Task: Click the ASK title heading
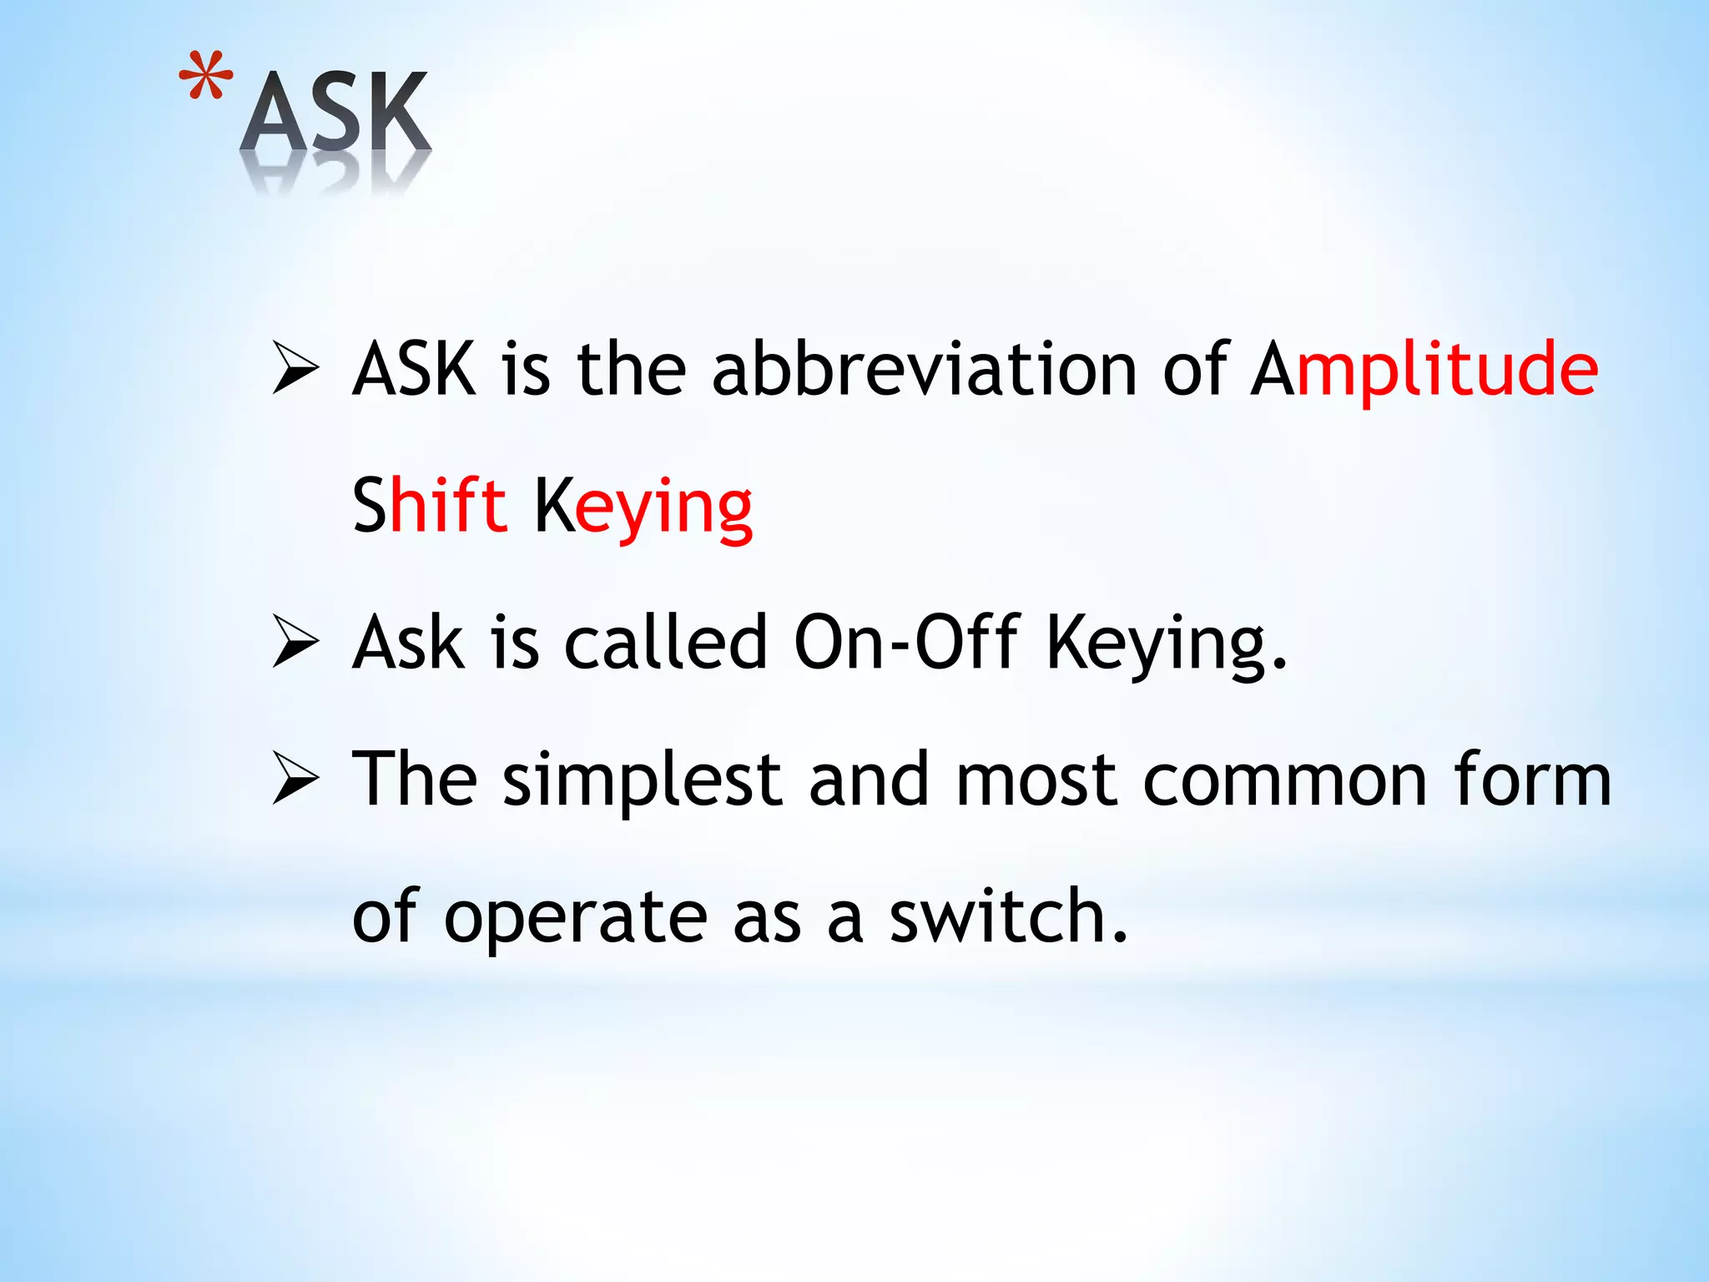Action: click(x=335, y=113)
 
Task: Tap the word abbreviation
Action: click(x=924, y=369)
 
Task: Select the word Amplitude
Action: click(x=1424, y=369)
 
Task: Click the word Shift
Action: click(x=430, y=505)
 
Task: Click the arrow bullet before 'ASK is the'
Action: click(x=295, y=371)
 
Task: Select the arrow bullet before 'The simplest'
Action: click(x=295, y=781)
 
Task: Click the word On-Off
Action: click(x=906, y=643)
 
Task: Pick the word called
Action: click(x=665, y=643)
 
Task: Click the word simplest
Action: click(x=642, y=781)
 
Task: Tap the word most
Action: click(x=1036, y=781)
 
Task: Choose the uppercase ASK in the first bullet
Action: click(x=415, y=369)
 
